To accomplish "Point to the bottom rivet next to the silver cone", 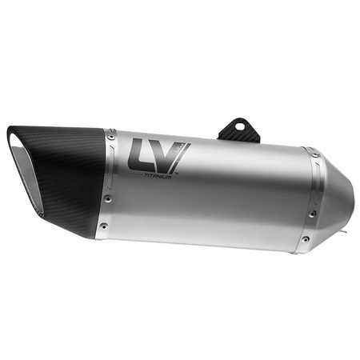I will (x=305, y=238).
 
